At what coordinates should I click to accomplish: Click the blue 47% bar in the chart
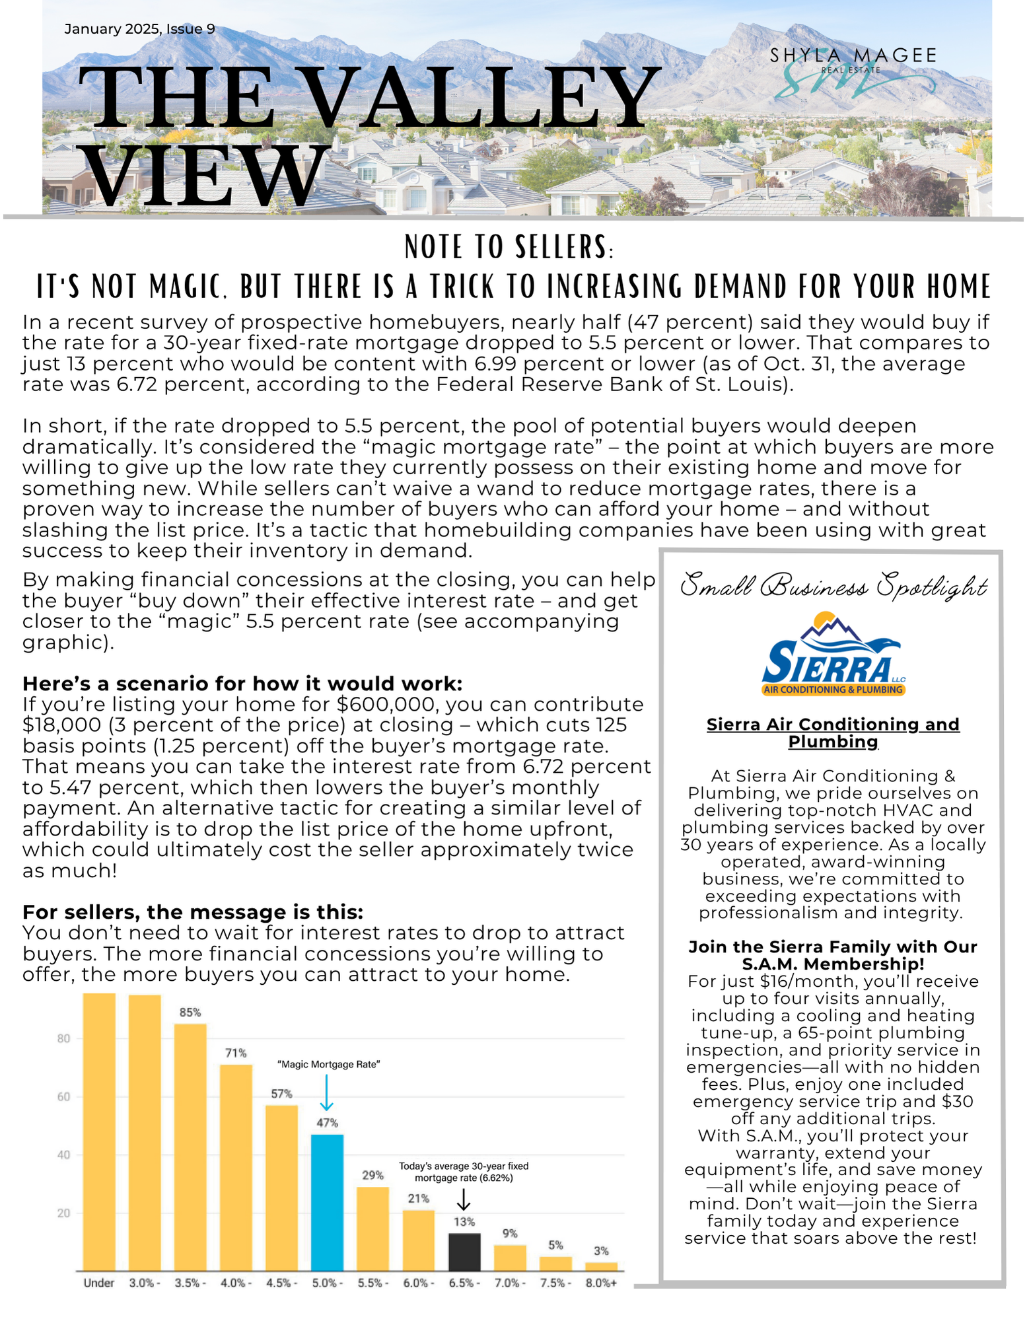tap(327, 1202)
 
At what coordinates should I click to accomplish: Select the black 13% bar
tap(464, 1252)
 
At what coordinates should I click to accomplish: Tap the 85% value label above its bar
tap(190, 1013)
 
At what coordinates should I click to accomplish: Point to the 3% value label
tap(601, 1251)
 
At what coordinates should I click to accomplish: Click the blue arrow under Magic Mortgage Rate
tap(327, 1092)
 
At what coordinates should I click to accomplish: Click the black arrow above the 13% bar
tap(464, 1199)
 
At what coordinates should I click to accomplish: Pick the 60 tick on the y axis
tap(63, 1097)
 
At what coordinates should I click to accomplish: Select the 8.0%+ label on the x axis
tap(601, 1283)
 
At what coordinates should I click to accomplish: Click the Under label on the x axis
tap(99, 1283)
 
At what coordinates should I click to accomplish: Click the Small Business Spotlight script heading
tap(833, 586)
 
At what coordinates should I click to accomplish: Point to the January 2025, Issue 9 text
tap(139, 29)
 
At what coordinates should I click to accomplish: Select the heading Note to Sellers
tap(509, 247)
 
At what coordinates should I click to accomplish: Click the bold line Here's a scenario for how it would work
tap(242, 683)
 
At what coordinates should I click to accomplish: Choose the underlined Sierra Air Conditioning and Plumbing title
tap(833, 732)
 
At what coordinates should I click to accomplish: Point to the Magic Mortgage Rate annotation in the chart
tap(328, 1065)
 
